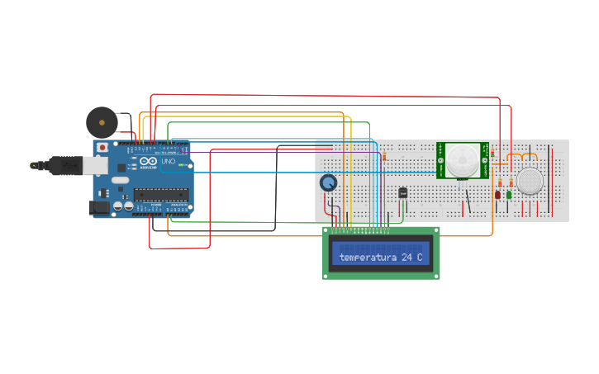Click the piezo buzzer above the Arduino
pyautogui.click(x=102, y=122)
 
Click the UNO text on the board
pyautogui.click(x=169, y=162)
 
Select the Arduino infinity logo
pyautogui.click(x=148, y=162)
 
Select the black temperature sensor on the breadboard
pyautogui.click(x=403, y=192)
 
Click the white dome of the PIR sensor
pyautogui.click(x=463, y=159)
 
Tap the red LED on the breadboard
pyautogui.click(x=497, y=195)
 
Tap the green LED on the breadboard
pyautogui.click(x=509, y=195)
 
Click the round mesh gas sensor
pyautogui.click(x=530, y=182)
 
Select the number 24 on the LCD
pyautogui.click(x=406, y=258)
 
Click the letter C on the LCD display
pyautogui.click(x=420, y=258)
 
